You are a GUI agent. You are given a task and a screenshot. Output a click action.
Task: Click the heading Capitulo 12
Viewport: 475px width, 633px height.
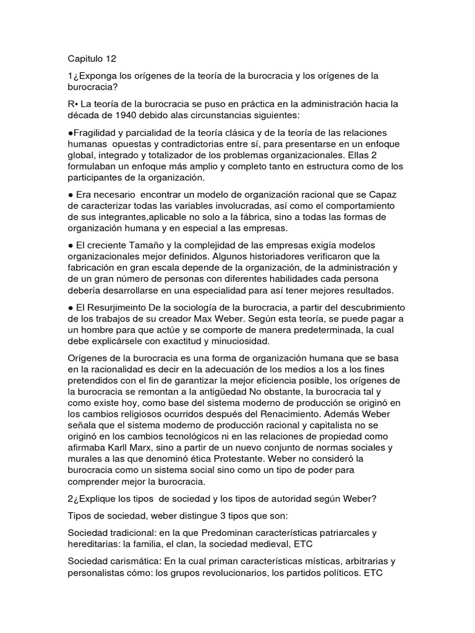(x=92, y=59)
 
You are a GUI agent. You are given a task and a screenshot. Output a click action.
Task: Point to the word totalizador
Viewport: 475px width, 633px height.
(x=181, y=156)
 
